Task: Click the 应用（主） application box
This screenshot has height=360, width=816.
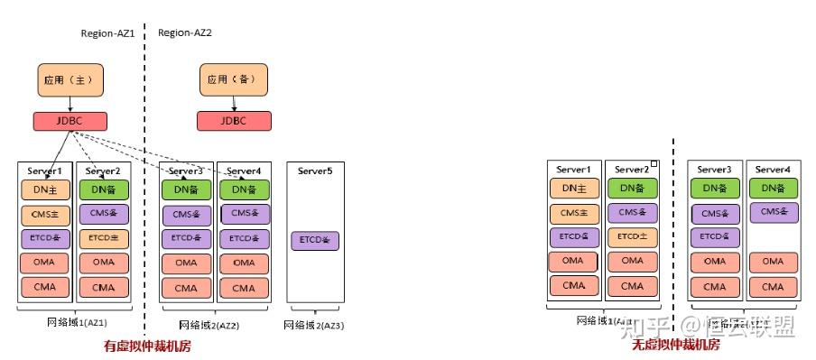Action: pos(70,80)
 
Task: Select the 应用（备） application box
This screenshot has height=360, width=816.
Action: pos(234,80)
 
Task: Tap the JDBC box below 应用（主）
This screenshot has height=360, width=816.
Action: pos(70,121)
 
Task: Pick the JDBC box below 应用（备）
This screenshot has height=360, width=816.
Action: pos(234,121)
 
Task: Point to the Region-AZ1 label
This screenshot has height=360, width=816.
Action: pos(107,32)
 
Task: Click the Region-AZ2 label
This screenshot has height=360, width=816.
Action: pos(184,32)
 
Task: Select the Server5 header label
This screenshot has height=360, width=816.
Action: pos(315,171)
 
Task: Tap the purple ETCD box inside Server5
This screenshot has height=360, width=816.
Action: pos(315,241)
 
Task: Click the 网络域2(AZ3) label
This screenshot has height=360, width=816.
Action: pos(314,325)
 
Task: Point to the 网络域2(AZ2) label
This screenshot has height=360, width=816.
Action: pos(209,325)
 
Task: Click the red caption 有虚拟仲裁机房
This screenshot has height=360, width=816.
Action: pos(147,346)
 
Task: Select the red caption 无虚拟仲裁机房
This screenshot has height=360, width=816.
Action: pos(674,346)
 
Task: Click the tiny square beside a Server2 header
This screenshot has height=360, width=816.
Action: pos(654,165)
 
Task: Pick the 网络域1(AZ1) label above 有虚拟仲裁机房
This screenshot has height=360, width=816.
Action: pos(78,322)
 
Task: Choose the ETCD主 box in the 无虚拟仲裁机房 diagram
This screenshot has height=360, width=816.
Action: pos(633,237)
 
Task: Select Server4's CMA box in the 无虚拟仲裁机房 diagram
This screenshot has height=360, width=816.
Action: pos(774,286)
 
